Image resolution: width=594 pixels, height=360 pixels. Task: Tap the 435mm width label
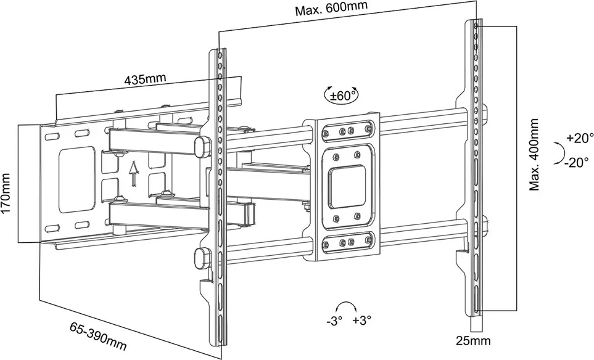(x=144, y=80)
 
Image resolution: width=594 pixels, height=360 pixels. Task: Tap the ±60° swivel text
(x=342, y=96)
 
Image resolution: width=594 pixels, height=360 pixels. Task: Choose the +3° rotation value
(x=361, y=321)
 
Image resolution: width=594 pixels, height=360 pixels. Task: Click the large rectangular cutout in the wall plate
(x=76, y=179)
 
